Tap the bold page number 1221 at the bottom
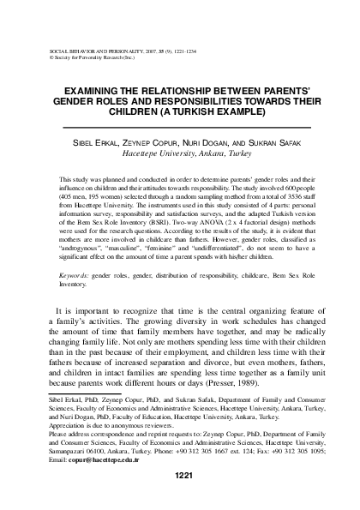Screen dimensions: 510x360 pyautogui.click(x=181, y=476)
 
